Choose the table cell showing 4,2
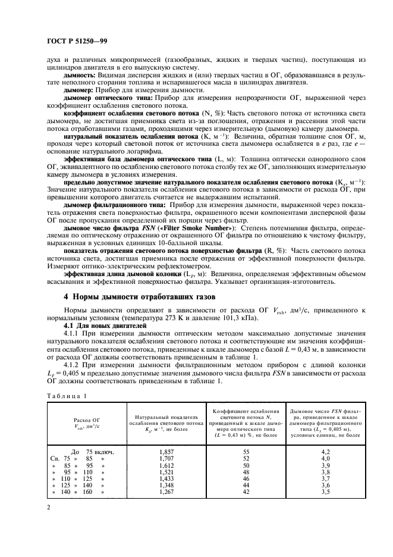pyautogui.click(x=325, y=452)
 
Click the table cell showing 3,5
pyautogui.click(x=325, y=492)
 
